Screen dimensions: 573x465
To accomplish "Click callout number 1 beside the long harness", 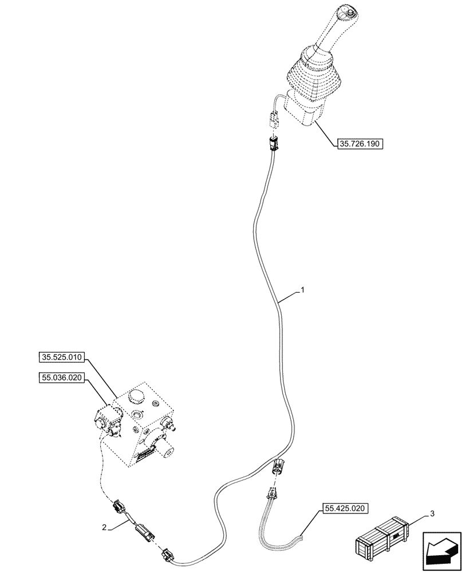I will tap(303, 291).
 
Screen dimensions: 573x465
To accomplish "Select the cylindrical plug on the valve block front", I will tap(168, 450).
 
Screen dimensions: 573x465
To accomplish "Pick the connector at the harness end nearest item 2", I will tap(168, 555).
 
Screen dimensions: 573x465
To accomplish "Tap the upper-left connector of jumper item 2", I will tap(119, 505).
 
